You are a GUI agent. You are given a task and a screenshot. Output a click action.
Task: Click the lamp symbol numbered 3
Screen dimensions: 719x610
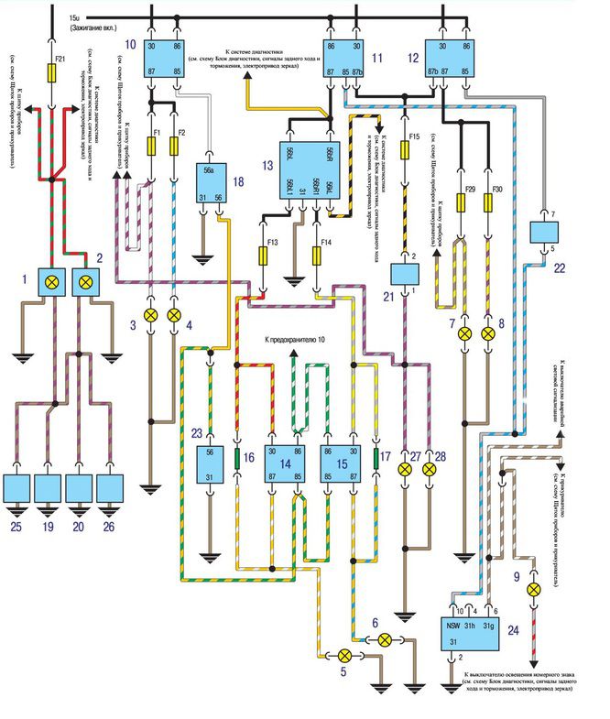[152, 315]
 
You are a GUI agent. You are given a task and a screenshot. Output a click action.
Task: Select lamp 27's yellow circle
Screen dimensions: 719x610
[404, 469]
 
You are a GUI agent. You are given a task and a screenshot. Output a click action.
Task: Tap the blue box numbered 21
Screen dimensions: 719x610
[403, 272]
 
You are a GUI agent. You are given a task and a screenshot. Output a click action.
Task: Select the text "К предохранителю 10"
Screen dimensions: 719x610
[294, 339]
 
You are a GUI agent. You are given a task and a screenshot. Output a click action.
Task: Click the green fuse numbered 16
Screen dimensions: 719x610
[237, 458]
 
